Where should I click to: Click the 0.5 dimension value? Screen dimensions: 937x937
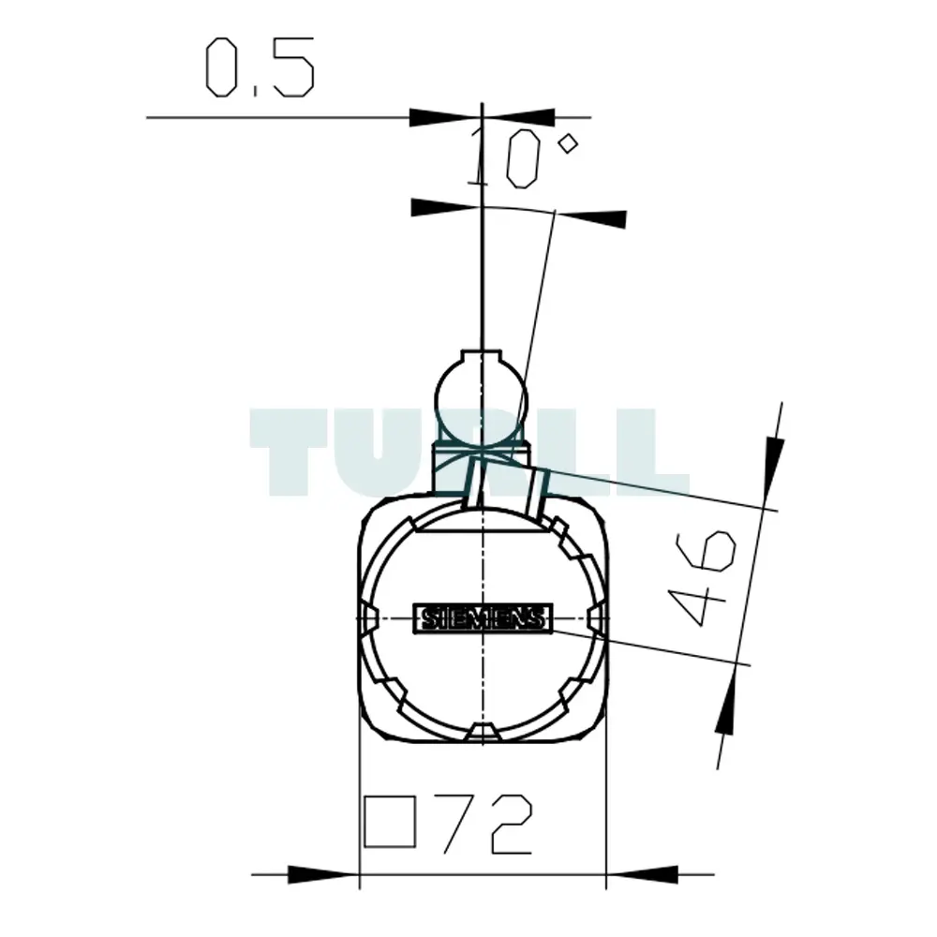(x=260, y=67)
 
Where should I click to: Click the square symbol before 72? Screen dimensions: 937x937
(x=390, y=822)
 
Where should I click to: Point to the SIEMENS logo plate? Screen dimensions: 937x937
(x=483, y=617)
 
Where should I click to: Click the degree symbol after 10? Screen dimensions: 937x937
(x=567, y=144)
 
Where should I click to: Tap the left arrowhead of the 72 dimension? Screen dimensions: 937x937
(x=323, y=874)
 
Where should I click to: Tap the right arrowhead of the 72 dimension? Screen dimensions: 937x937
(x=642, y=874)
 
